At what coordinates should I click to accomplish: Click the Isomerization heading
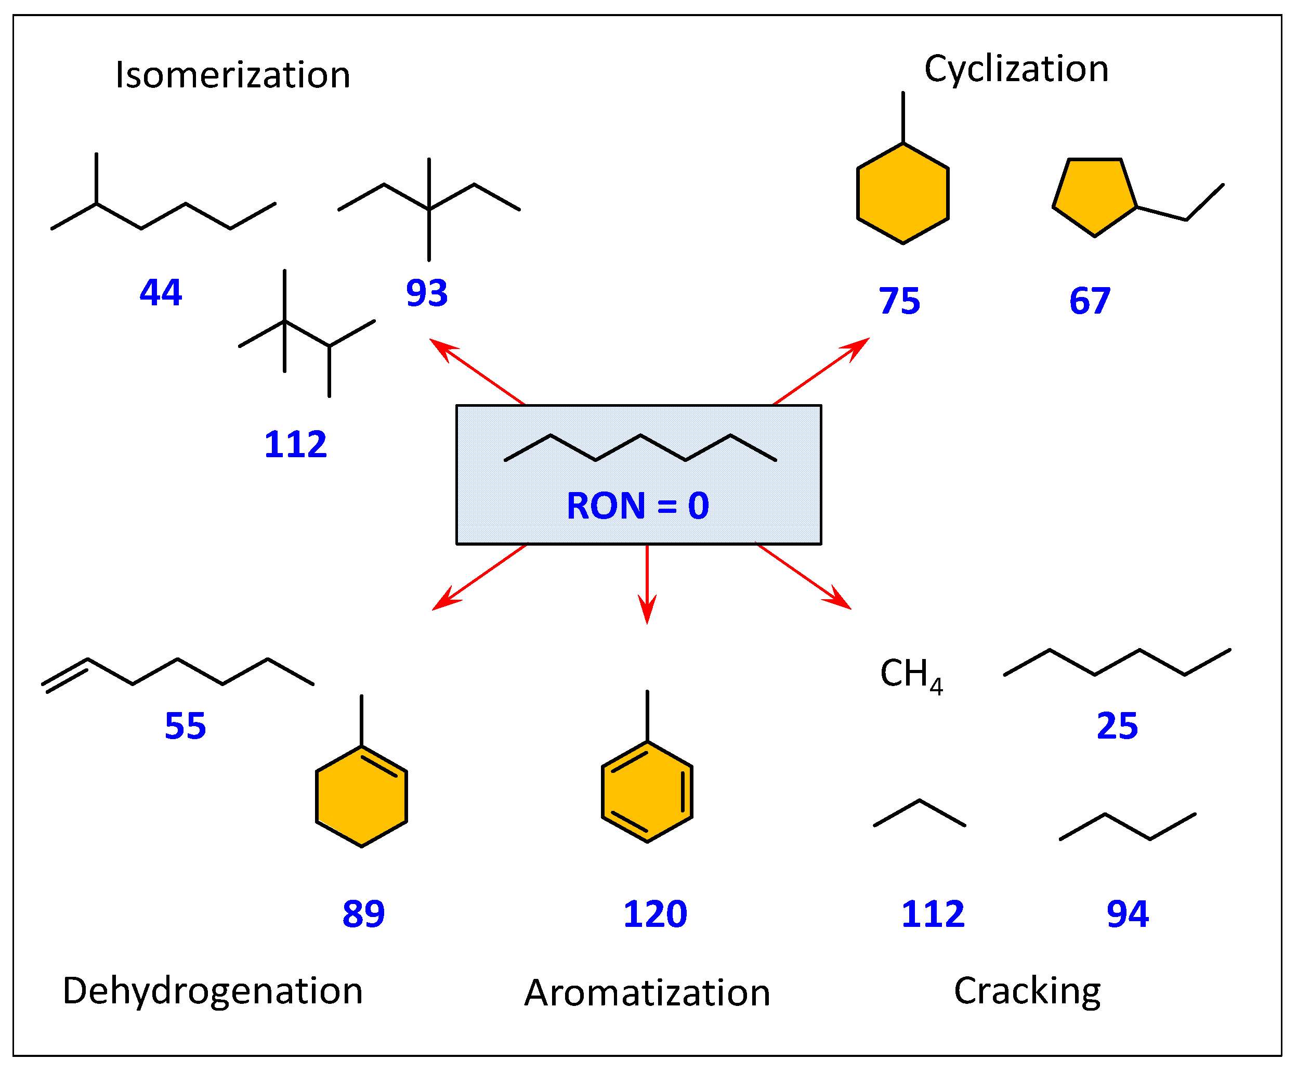(232, 75)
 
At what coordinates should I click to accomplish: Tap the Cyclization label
(1016, 69)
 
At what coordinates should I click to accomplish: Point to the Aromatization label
(647, 993)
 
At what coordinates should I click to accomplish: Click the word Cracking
(1027, 991)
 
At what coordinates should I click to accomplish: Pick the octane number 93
(426, 293)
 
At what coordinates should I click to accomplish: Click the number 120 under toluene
(654, 914)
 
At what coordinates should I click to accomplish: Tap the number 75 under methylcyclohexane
(899, 301)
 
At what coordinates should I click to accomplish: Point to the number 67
(1090, 301)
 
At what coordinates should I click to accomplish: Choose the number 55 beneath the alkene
(185, 726)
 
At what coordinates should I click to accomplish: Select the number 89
(363, 914)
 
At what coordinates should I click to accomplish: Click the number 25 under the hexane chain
(1117, 726)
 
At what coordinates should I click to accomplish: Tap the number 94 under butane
(1128, 914)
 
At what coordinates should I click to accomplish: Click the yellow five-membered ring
(1094, 195)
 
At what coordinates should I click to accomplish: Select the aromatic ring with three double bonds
(647, 792)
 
